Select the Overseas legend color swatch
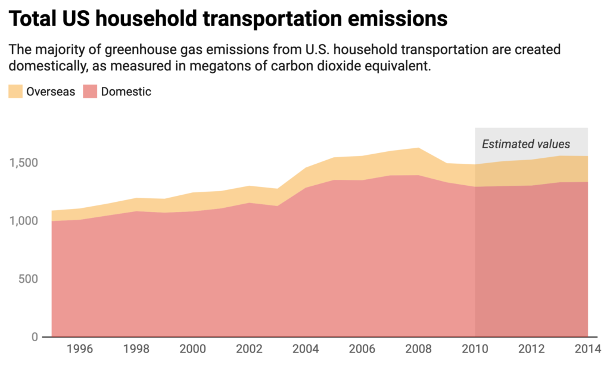tap(15, 92)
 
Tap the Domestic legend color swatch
tap(91, 92)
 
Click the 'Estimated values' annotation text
tap(525, 144)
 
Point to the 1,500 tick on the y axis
tap(24, 163)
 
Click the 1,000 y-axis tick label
tap(24, 221)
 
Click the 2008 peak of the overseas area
tap(418, 149)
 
